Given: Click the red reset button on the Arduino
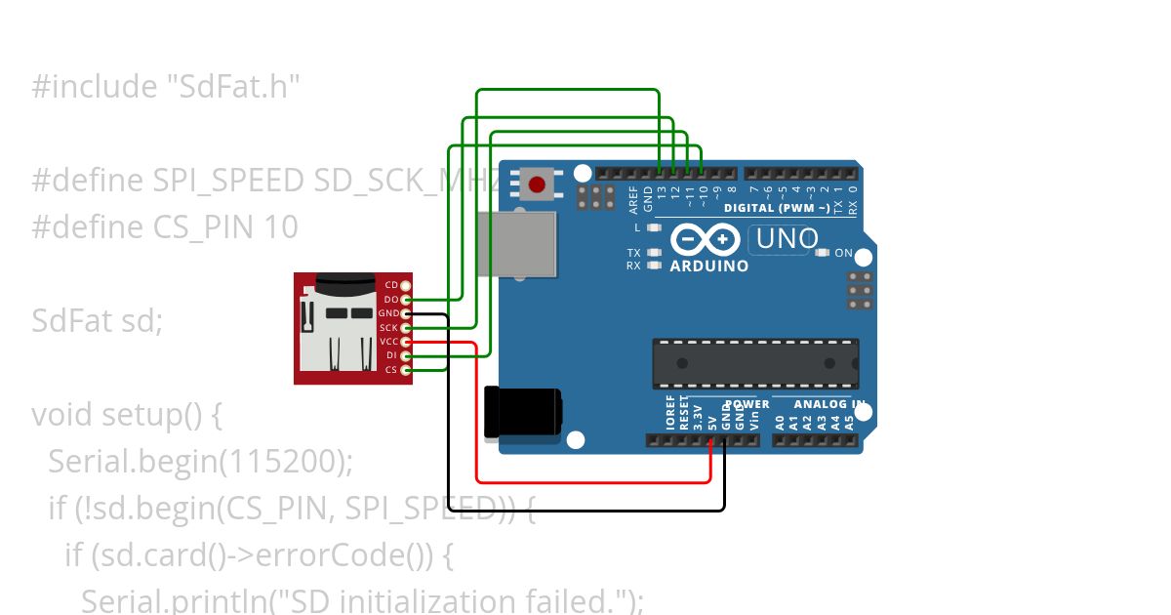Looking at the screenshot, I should point(536,184).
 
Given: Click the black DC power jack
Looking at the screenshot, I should point(523,412).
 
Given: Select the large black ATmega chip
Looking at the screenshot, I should point(755,364).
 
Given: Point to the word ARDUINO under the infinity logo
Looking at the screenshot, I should point(709,266).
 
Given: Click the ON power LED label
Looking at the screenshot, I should point(843,254).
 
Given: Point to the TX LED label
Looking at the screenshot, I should point(633,253).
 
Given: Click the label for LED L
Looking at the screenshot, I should point(636,227).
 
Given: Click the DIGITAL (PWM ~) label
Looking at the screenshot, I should point(777,208).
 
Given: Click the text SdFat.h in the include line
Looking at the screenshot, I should point(228,87).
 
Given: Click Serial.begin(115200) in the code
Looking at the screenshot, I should point(199,461).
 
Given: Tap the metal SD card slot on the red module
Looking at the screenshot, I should point(337,332).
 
